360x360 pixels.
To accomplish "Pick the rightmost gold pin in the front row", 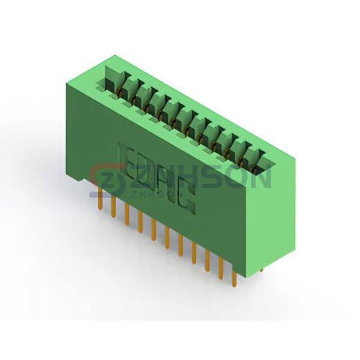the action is pyautogui.click(x=234, y=278).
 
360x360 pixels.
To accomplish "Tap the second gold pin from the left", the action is pyautogui.click(x=113, y=206).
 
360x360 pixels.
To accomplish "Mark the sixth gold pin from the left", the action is pyautogui.click(x=167, y=239).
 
